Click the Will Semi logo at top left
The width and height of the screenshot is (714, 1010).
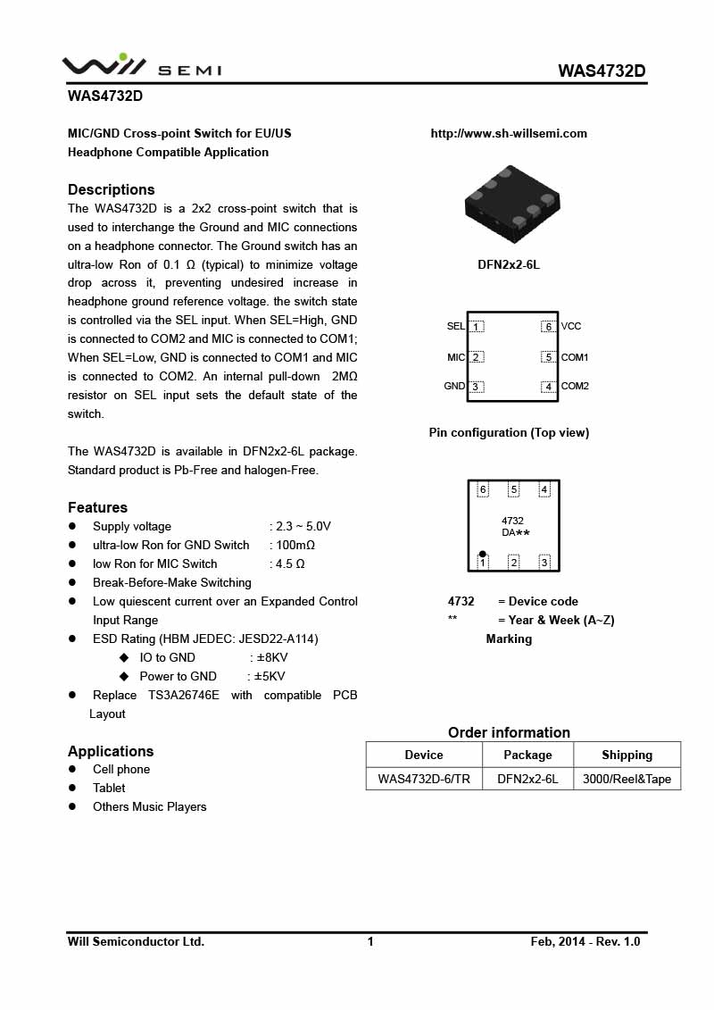point(141,66)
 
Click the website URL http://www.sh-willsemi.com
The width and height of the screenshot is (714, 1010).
point(509,133)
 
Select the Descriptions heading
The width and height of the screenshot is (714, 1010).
point(112,189)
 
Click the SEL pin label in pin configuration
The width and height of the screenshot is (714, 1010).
point(456,327)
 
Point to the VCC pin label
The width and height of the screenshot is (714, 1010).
point(571,327)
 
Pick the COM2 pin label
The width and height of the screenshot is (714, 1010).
point(575,387)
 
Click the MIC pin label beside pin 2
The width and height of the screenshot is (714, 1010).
point(456,357)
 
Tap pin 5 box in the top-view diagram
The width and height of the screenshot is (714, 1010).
point(548,357)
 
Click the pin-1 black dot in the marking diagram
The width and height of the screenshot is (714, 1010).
point(483,554)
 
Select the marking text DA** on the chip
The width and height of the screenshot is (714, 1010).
point(515,532)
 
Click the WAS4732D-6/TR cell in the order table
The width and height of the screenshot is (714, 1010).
point(424,779)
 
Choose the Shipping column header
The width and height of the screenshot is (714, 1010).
point(627,755)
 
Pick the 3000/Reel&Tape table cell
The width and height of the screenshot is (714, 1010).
point(627,779)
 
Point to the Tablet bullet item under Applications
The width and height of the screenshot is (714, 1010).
point(109,788)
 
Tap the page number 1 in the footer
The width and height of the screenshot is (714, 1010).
point(370,941)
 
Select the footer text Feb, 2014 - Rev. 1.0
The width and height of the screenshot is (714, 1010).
point(585,941)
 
